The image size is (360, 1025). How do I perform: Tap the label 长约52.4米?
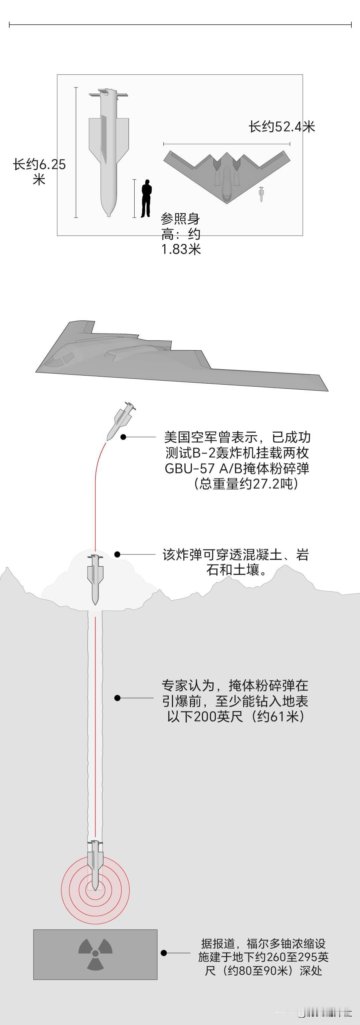point(282,127)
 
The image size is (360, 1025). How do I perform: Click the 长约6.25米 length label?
point(39,172)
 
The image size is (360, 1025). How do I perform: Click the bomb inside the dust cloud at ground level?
point(95,579)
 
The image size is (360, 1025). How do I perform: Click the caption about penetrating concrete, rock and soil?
point(235,562)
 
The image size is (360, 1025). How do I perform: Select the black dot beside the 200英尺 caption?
point(117,698)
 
